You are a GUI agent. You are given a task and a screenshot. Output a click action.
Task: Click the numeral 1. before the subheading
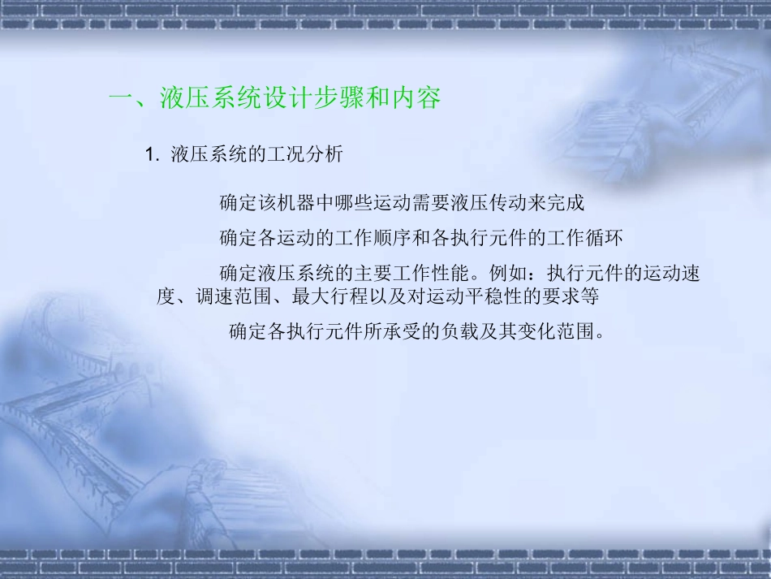(150, 155)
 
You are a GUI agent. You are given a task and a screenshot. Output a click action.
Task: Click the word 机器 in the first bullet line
(292, 202)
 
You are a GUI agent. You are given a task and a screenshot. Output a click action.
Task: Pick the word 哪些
(347, 202)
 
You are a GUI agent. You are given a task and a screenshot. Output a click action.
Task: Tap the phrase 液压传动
(475, 202)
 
